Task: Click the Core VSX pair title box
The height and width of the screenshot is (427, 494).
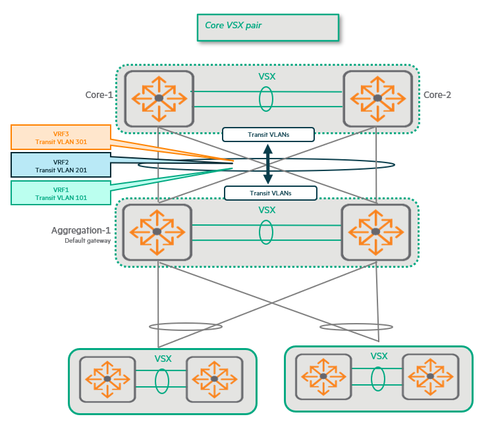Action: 267,28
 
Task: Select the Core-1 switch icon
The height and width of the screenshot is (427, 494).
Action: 159,98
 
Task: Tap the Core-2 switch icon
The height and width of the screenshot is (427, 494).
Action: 377,98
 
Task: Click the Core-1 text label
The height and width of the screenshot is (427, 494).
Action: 99,95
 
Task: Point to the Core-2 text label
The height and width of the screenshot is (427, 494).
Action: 437,95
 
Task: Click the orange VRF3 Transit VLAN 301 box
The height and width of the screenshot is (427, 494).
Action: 61,137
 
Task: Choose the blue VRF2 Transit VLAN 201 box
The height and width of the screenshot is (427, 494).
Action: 61,165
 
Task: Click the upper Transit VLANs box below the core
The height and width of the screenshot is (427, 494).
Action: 267,134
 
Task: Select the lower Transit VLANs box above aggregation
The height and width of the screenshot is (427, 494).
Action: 270,193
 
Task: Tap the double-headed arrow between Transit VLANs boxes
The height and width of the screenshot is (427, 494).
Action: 268,164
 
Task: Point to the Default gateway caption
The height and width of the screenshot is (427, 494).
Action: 86,241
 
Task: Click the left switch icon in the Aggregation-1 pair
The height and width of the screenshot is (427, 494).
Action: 157,232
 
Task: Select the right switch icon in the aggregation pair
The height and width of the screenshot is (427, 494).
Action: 375,232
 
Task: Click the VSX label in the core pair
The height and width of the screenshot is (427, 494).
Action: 267,76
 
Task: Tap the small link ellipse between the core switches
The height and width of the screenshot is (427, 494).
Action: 266,99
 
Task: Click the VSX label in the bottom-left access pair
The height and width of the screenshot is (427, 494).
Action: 163,359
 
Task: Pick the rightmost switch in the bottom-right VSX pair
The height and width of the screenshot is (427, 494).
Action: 429,376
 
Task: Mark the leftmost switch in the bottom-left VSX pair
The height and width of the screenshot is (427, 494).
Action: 107,379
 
